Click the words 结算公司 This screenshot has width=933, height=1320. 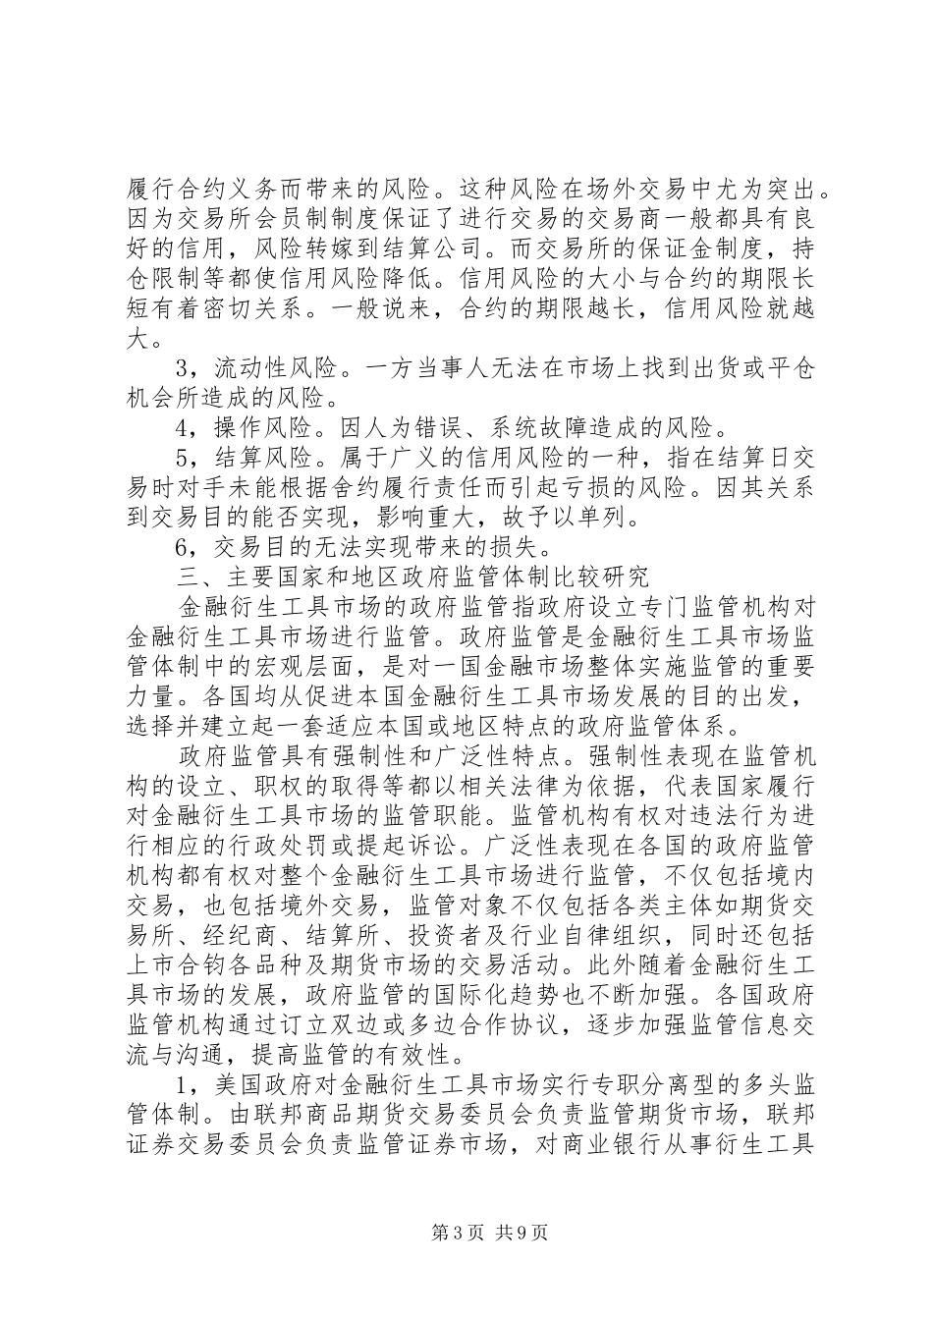coord(465,242)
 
